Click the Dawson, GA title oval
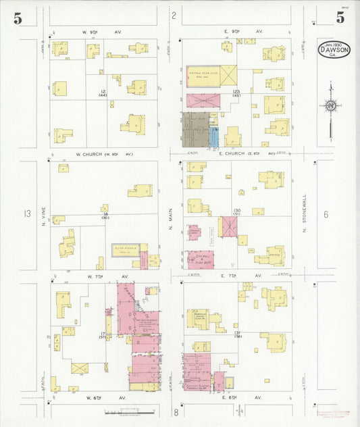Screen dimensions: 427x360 [x=334, y=49]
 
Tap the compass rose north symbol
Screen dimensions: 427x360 [x=330, y=105]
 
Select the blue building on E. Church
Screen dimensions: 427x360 [x=214, y=136]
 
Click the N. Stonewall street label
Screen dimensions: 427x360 [x=305, y=215]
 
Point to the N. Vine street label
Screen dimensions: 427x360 [x=41, y=214]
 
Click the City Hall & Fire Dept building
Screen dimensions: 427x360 [x=201, y=257]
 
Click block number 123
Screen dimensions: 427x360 [x=236, y=92]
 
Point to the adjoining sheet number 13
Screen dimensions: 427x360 [x=27, y=214]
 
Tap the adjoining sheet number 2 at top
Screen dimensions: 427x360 [x=174, y=15]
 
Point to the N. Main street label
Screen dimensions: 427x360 [x=170, y=215]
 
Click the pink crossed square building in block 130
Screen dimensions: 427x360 [x=228, y=226]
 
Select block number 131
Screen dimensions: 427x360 [x=237, y=333]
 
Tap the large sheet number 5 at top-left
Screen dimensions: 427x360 [x=18, y=18]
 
